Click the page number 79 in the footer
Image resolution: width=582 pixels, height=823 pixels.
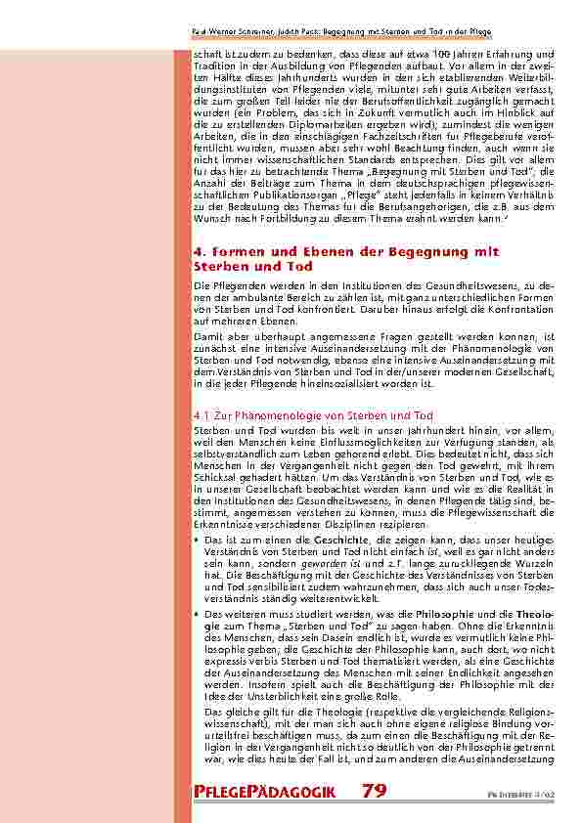point(374,790)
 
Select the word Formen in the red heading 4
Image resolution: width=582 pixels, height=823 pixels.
point(243,251)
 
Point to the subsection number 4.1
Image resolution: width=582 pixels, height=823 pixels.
point(201,415)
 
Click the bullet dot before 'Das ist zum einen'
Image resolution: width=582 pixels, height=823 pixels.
point(197,539)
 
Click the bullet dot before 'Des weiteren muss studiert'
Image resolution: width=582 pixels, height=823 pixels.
point(197,613)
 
